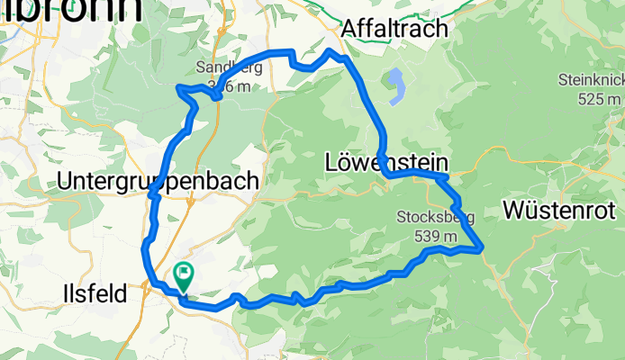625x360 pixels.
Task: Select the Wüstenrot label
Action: pos(559,211)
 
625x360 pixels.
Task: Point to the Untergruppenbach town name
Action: pos(158,180)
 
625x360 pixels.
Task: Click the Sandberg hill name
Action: pos(229,67)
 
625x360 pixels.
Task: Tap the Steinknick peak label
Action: pos(590,79)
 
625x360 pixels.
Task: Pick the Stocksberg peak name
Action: pos(429,217)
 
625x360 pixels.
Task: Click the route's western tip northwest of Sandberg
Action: pos(178,86)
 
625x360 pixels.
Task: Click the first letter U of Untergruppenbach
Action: pos(63,180)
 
